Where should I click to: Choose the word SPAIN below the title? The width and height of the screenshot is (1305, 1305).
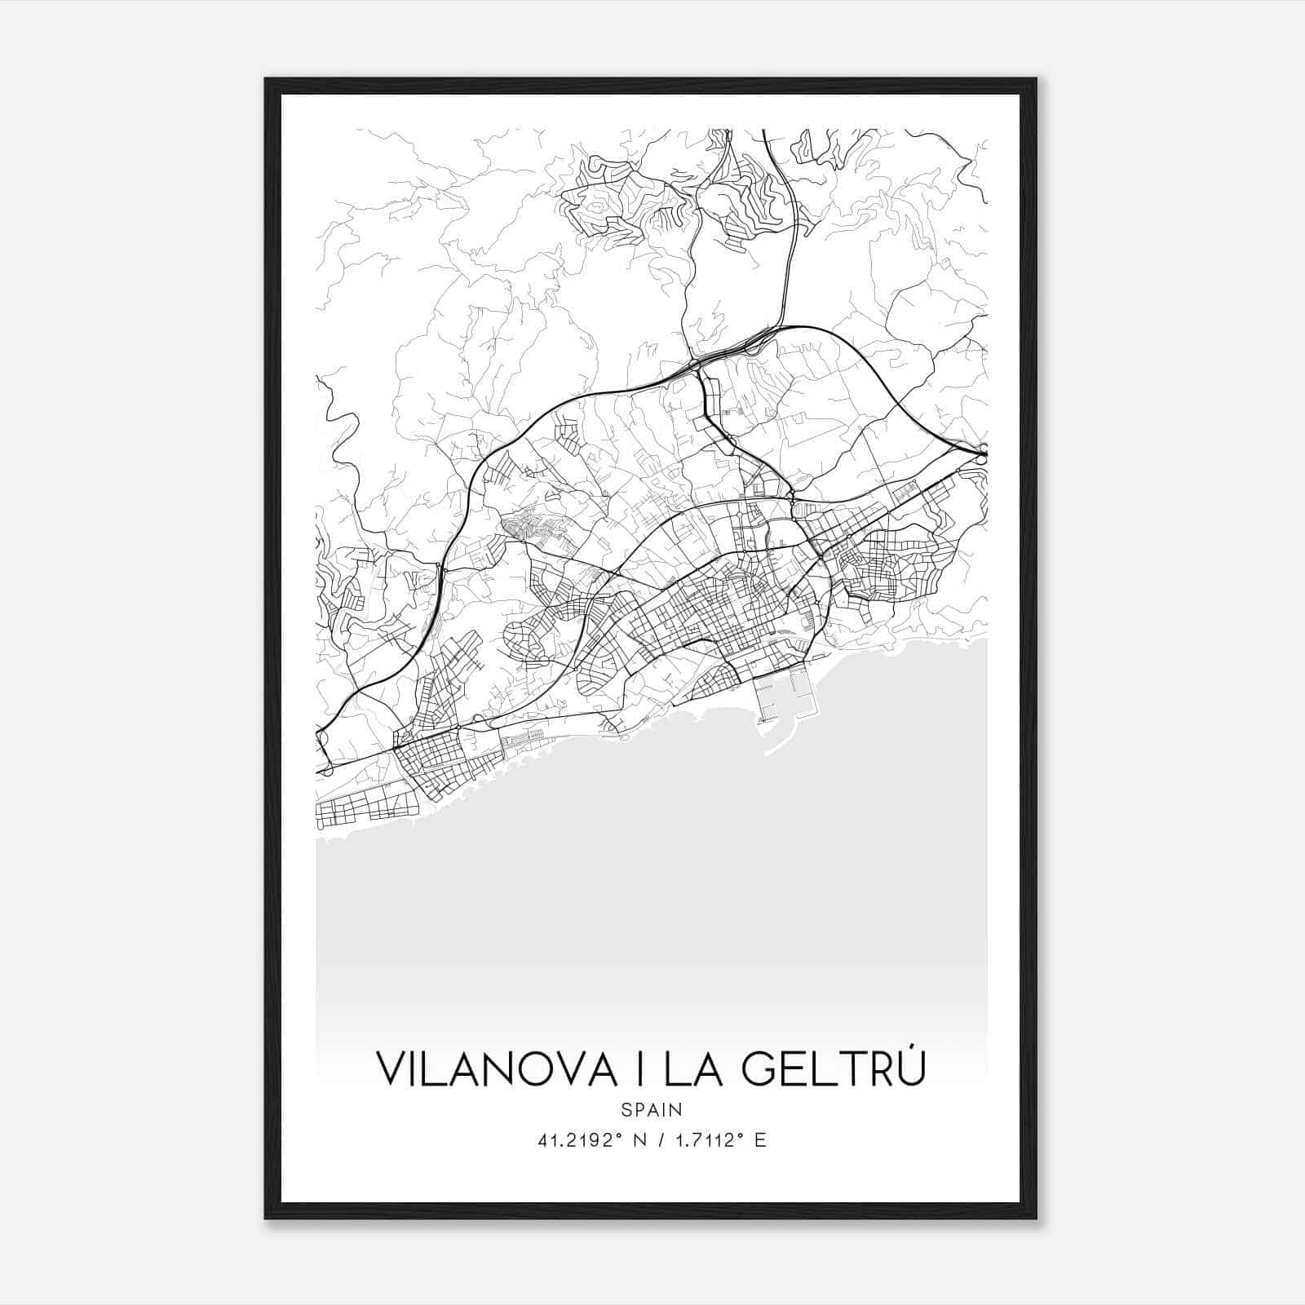(651, 1109)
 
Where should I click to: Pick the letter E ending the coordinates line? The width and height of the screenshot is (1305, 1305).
(760, 1140)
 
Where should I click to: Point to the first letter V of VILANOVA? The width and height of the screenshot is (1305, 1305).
(390, 1068)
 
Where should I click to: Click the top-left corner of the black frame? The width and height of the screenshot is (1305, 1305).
(267, 80)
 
